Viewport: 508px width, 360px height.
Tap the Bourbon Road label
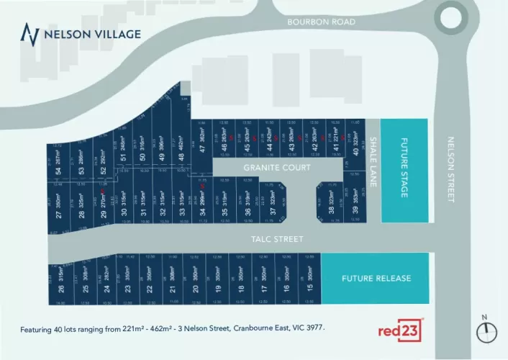(x=321, y=22)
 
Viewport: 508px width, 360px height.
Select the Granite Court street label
(x=277, y=167)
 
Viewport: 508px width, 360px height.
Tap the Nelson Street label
(x=452, y=169)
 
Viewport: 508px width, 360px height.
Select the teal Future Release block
(x=374, y=278)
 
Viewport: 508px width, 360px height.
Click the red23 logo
(x=399, y=331)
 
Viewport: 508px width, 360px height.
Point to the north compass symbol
(x=487, y=330)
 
